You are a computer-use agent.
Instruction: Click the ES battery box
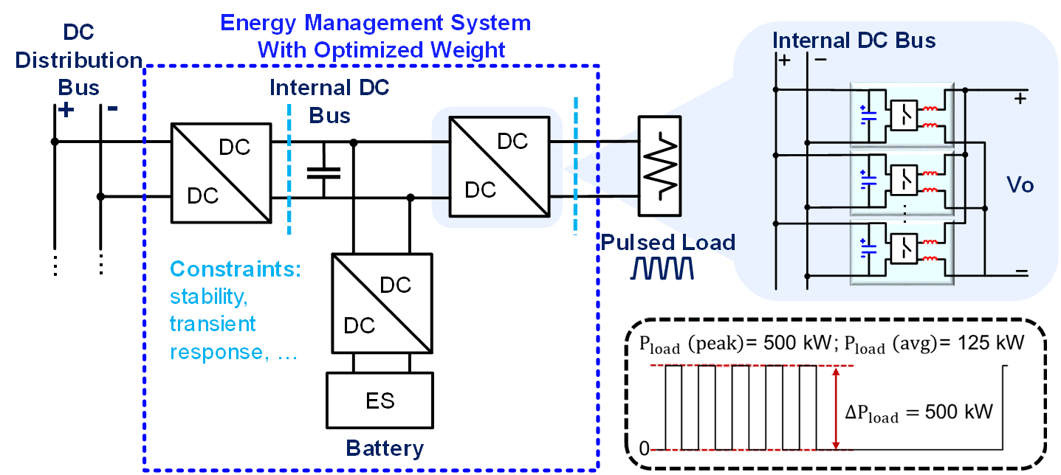point(380,400)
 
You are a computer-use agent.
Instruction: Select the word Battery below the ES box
point(385,448)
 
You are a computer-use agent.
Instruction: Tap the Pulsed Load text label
point(667,242)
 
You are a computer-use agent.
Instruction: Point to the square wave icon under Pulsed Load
point(662,268)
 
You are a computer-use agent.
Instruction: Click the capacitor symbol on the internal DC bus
point(323,173)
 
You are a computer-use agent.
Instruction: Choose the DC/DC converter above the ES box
point(382,303)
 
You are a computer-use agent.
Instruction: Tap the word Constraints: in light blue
point(236,269)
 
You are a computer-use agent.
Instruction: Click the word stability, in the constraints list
point(207,297)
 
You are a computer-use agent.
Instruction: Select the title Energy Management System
point(376,22)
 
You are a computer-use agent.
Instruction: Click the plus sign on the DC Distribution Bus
point(66,110)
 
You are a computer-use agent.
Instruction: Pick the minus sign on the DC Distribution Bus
point(112,108)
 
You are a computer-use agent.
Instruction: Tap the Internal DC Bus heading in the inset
point(854,40)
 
